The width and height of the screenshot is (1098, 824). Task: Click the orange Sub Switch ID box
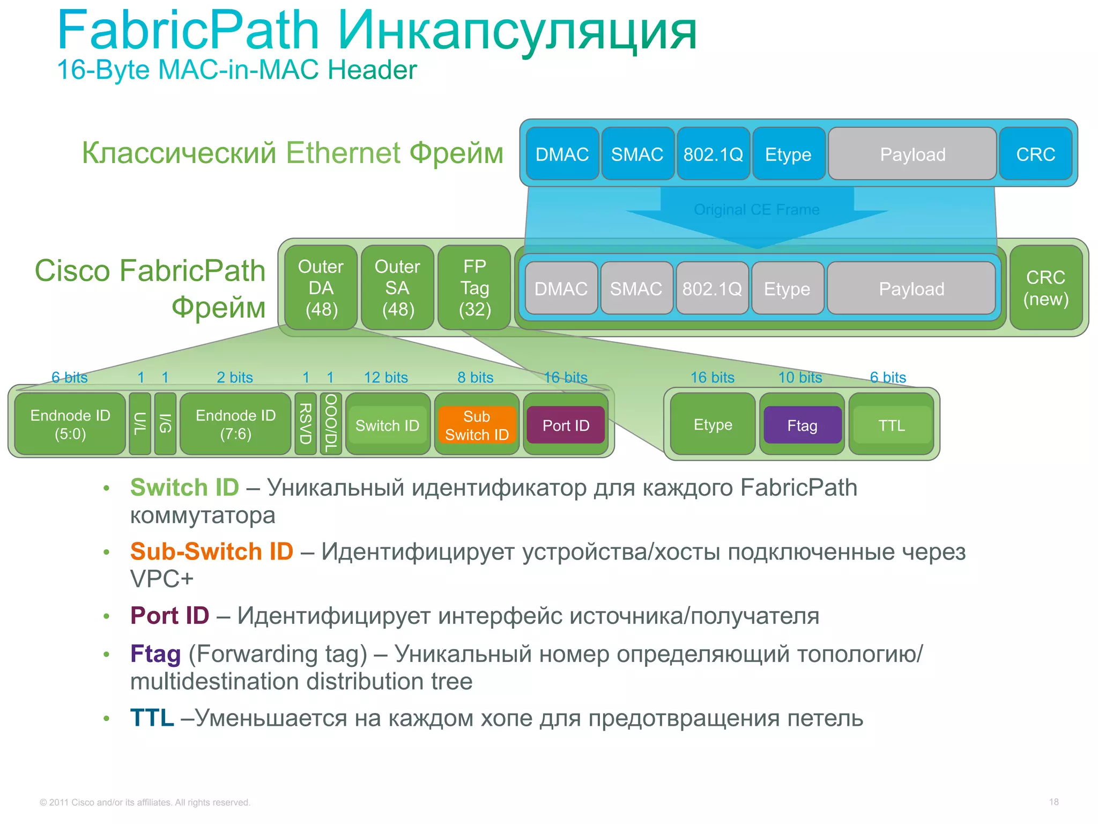[477, 425]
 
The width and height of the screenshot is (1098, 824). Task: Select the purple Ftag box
[802, 425]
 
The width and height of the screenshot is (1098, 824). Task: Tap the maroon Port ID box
[566, 425]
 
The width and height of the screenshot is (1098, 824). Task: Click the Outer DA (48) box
[321, 288]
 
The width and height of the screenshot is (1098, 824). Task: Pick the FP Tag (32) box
[474, 288]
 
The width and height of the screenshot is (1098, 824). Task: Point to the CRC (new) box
[1045, 288]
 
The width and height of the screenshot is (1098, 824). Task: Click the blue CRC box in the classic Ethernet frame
[1035, 154]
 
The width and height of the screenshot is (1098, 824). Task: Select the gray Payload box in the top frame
[912, 154]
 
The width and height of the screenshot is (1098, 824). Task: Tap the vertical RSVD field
[305, 424]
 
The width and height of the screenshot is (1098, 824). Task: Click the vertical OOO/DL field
[330, 424]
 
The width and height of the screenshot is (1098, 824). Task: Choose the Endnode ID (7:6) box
[235, 424]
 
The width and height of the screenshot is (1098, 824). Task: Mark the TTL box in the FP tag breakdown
[891, 425]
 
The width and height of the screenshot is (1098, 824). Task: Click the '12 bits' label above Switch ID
[385, 378]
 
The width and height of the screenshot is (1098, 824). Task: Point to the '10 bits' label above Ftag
[800, 378]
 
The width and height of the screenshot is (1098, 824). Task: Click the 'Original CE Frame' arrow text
[756, 210]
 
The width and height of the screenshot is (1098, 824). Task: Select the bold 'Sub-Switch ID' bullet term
[212, 551]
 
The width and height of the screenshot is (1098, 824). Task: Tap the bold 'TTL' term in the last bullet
[152, 718]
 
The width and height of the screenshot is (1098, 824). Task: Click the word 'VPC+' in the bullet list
[161, 579]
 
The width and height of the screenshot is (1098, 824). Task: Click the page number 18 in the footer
[1054, 802]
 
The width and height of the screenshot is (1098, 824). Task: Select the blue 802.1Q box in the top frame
[713, 154]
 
